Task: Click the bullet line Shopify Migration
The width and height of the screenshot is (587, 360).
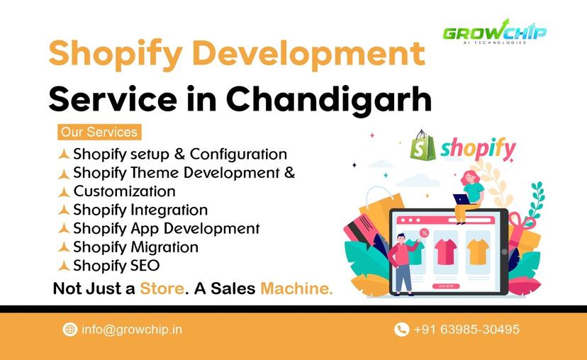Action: coord(135,247)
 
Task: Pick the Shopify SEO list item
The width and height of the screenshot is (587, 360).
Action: coord(116,266)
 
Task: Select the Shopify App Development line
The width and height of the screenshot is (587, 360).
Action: coord(166,228)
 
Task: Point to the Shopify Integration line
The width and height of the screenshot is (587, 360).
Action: coord(140,210)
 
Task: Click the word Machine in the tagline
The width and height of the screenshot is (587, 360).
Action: coord(296,289)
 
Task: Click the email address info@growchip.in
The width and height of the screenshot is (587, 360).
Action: coord(132,330)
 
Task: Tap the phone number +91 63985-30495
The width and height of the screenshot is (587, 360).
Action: coord(466,330)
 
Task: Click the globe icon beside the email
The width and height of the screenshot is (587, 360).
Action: coord(70,330)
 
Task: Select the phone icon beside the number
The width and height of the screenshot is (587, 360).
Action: coord(401,330)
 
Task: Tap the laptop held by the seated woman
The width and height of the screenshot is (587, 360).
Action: coord(461,199)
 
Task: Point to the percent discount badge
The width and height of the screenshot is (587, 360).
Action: coord(424,232)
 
